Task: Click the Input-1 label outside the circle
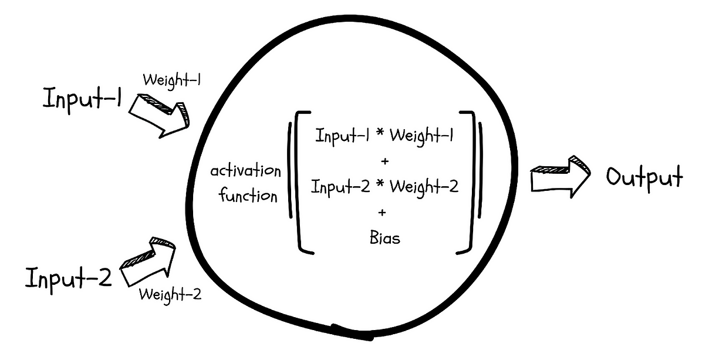(82, 98)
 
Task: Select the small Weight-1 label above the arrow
(171, 80)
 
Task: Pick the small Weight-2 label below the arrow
(170, 293)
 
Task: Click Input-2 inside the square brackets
(339, 188)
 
